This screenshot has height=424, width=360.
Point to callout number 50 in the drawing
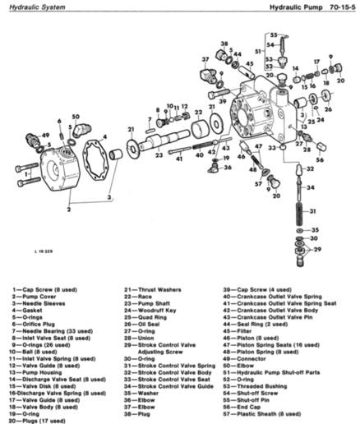point(76,117)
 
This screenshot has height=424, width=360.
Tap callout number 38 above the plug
point(224,43)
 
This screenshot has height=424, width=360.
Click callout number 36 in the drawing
point(227,168)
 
